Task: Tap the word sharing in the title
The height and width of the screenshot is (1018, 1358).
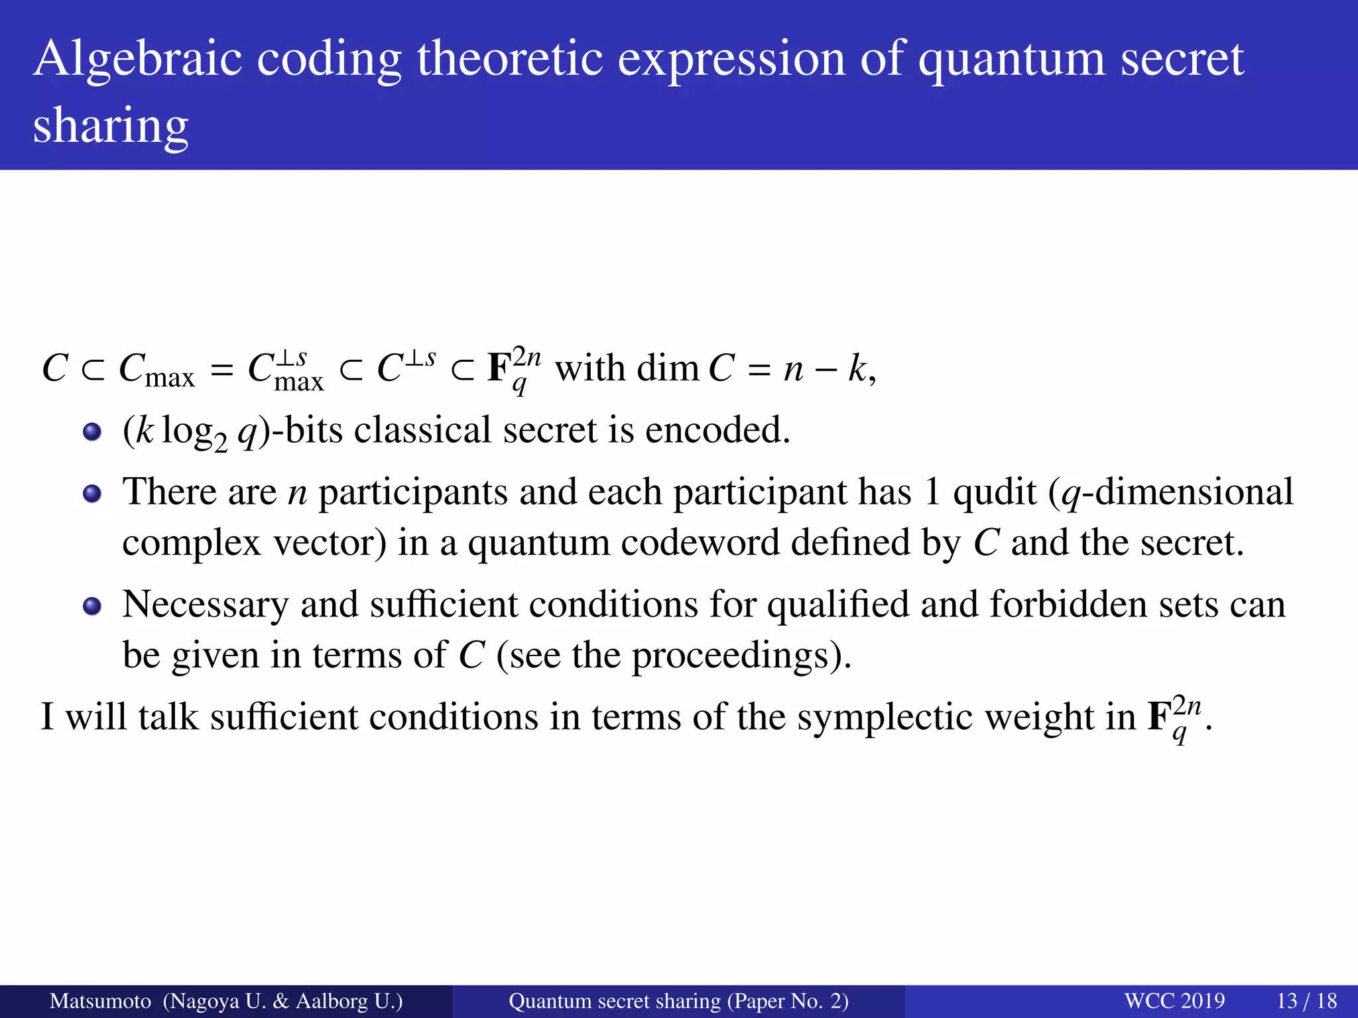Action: tap(111, 126)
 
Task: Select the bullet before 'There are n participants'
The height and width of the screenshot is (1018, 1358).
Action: tap(92, 494)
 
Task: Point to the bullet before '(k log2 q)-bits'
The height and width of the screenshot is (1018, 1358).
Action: tap(92, 433)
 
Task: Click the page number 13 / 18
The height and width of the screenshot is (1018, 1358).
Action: tap(1306, 1001)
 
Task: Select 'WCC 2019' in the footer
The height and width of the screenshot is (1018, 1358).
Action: tap(1174, 1001)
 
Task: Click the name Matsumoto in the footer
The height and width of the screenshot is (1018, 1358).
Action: tap(100, 1001)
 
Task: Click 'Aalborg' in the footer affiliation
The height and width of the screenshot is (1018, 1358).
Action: tap(332, 1001)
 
